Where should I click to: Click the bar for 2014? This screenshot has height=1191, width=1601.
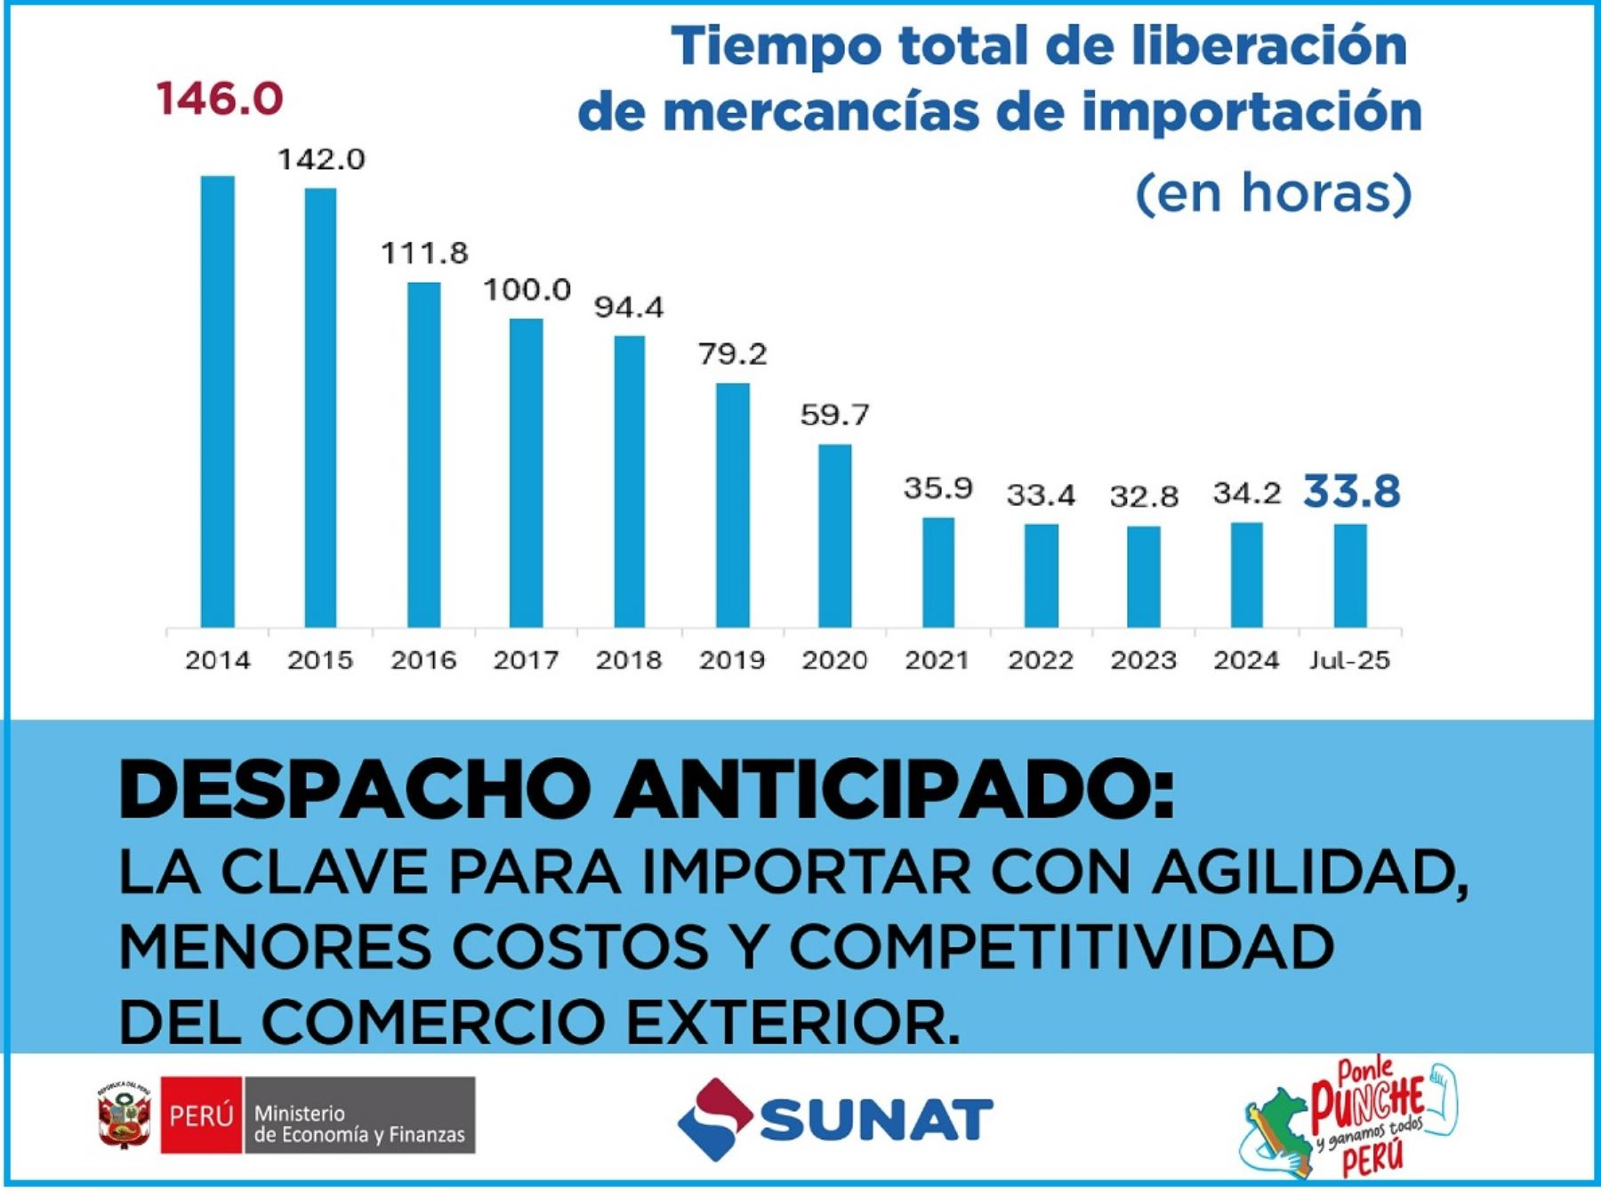[x=218, y=400]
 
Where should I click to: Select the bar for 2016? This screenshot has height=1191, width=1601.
[x=423, y=454]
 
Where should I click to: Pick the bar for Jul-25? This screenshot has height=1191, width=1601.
[x=1350, y=575]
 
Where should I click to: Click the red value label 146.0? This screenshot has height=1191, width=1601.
[x=219, y=98]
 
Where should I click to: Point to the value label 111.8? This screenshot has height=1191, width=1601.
[x=424, y=253]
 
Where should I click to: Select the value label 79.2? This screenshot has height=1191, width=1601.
[x=732, y=354]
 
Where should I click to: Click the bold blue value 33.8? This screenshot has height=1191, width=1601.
[x=1351, y=491]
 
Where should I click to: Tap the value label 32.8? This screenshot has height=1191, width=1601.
[x=1144, y=496]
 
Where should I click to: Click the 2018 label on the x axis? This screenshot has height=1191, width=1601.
[x=629, y=660]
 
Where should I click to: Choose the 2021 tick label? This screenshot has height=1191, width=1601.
[x=937, y=660]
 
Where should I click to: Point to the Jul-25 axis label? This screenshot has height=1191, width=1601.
[x=1349, y=660]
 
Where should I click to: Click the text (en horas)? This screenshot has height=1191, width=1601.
[x=1273, y=193]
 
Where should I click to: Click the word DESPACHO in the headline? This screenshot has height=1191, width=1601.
[x=354, y=790]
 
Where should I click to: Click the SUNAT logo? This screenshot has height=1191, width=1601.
[x=834, y=1118]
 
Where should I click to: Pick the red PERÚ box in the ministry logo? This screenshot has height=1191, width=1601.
[x=201, y=1115]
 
